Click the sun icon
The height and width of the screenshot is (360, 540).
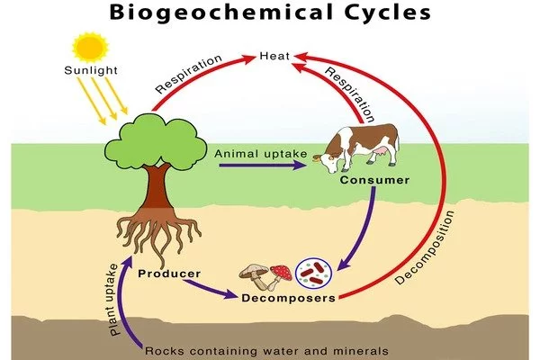coord(90,47)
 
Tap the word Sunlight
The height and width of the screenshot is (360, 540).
coord(88,70)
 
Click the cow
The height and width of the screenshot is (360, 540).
coord(356,149)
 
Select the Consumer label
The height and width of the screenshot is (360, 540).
coord(374,181)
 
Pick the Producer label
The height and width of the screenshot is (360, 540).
coord(169,273)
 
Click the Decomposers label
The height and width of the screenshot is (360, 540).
coord(288,297)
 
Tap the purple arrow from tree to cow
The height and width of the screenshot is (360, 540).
coord(261,166)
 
